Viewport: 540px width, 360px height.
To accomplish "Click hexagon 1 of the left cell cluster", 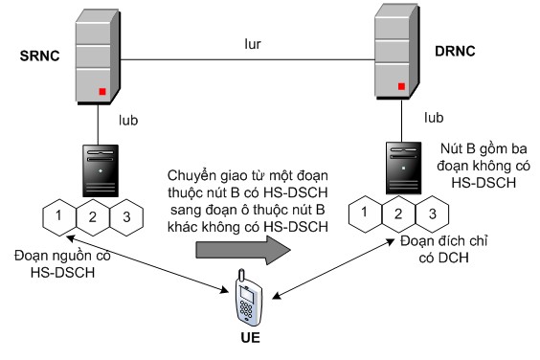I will point(59,217).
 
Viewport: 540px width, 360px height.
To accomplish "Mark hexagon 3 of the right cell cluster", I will point(432,214).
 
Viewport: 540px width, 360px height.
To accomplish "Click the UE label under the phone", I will point(249,340).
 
